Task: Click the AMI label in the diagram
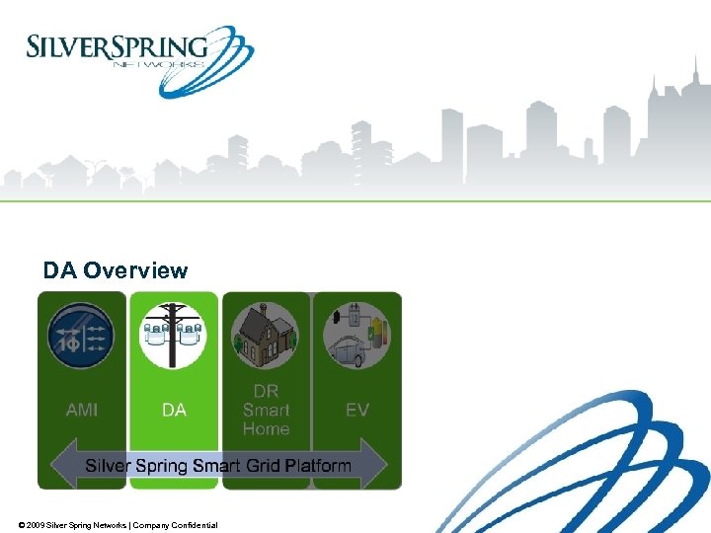coord(82,409)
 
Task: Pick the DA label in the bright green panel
coord(174,409)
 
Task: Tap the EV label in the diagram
coord(357,409)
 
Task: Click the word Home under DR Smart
coord(266,428)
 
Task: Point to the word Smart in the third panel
coord(266,410)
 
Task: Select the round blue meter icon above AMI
coord(83,335)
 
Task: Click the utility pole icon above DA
coord(174,334)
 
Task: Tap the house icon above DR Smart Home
coord(266,334)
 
